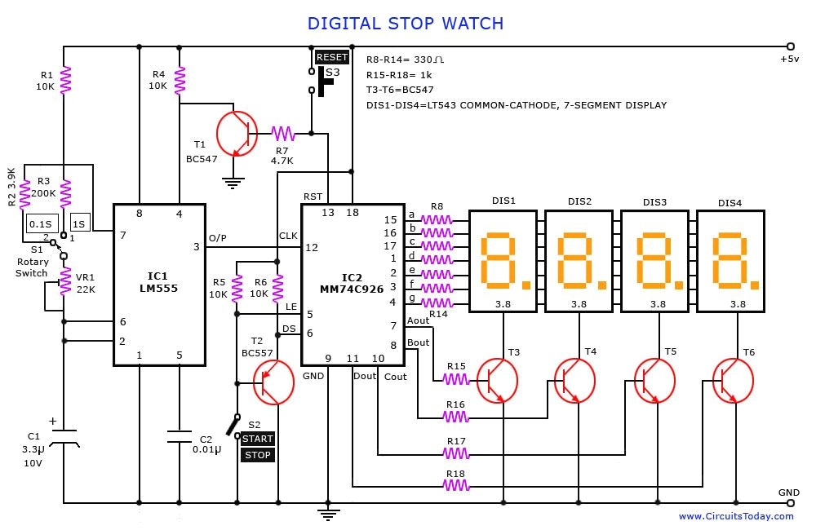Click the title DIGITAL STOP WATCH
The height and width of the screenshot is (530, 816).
[406, 24]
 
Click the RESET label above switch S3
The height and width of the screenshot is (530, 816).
[332, 57]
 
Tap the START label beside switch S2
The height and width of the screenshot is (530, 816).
[258, 439]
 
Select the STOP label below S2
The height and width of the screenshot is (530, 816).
[258, 455]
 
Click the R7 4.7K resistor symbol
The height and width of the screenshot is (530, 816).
[283, 133]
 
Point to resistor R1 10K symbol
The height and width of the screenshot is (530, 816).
[66, 80]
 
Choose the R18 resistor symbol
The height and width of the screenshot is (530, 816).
[456, 485]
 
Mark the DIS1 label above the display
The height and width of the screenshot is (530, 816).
[503, 201]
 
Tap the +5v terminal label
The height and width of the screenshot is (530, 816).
[789, 60]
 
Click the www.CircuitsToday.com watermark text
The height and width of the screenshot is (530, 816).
[736, 516]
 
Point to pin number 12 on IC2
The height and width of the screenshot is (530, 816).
[312, 247]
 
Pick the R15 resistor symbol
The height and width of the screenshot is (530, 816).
[456, 378]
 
